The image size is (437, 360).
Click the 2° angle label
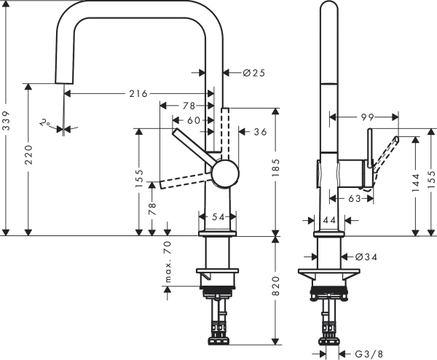pos(45,124)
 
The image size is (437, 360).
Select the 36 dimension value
pos(260,133)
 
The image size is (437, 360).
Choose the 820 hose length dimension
pos(275,289)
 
